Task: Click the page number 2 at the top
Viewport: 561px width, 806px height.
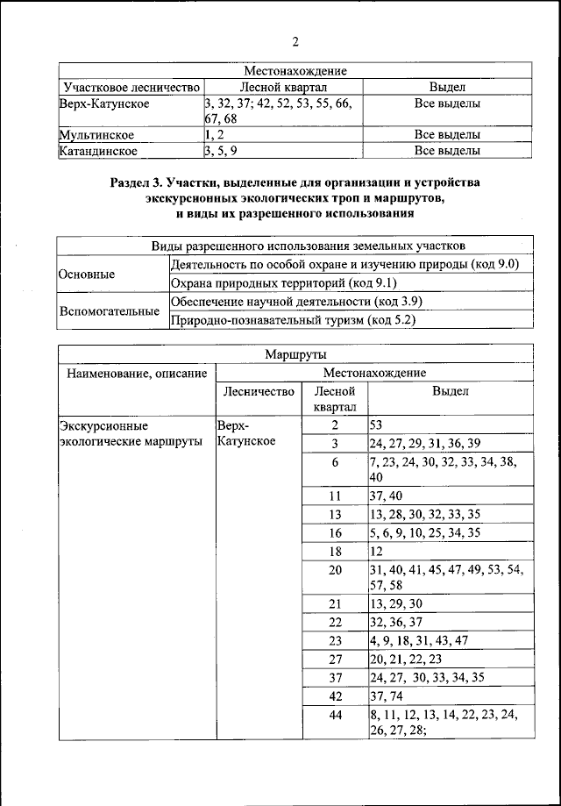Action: [295, 41]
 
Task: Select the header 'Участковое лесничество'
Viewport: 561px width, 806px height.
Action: [131, 88]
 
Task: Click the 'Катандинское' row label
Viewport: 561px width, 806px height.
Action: [98, 151]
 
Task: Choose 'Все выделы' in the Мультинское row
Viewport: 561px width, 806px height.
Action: [447, 135]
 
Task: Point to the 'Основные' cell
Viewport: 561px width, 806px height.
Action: [87, 275]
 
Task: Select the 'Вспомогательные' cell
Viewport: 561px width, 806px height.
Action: [102, 311]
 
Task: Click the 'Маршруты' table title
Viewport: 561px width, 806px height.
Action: [295, 354]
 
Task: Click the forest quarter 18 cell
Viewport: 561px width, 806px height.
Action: [334, 551]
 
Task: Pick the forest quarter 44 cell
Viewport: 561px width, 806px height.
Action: [334, 716]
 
